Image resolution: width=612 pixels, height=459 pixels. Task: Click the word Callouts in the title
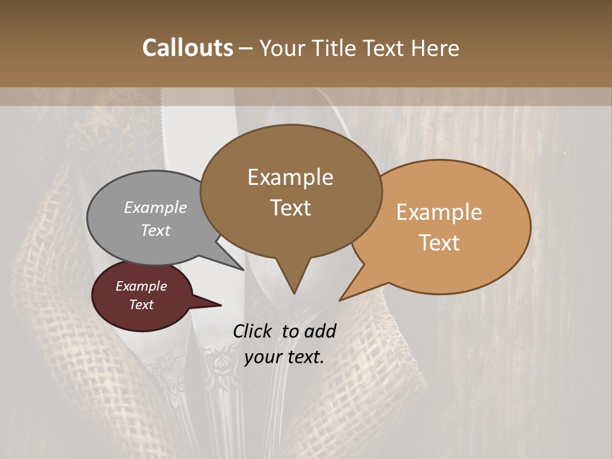pos(187,48)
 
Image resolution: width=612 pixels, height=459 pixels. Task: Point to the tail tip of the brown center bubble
pos(294,293)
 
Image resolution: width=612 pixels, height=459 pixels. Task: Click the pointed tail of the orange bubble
pos(342,299)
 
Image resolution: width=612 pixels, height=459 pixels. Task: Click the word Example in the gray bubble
pos(156,208)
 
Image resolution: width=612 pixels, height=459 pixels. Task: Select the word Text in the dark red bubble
pos(142,305)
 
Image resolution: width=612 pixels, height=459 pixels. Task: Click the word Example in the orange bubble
pos(439,212)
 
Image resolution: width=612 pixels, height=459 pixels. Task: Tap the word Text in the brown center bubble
pos(291,208)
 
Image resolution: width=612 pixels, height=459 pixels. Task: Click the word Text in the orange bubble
pos(440,243)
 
